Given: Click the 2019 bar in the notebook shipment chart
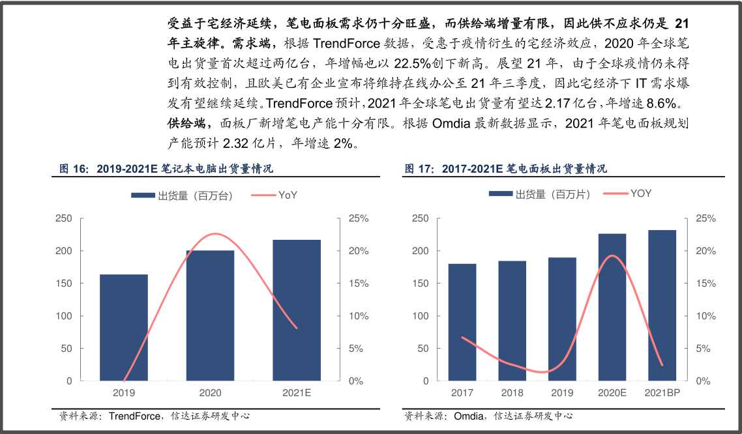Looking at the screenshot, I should click(124, 327).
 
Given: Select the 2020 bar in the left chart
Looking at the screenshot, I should click(210, 315).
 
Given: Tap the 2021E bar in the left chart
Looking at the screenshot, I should click(297, 310).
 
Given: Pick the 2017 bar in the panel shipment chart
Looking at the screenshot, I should click(462, 322).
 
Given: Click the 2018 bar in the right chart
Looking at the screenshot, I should click(512, 321).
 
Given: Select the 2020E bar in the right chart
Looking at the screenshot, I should click(612, 307).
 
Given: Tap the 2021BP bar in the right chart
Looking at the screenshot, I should click(662, 305).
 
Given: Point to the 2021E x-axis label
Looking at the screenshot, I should click(297, 393).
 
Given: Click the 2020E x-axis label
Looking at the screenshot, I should click(612, 393).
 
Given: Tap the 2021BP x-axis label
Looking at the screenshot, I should click(662, 393).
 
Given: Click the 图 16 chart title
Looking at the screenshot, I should click(166, 169).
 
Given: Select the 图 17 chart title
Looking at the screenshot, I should click(505, 169).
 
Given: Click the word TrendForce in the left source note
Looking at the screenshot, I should click(134, 416).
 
